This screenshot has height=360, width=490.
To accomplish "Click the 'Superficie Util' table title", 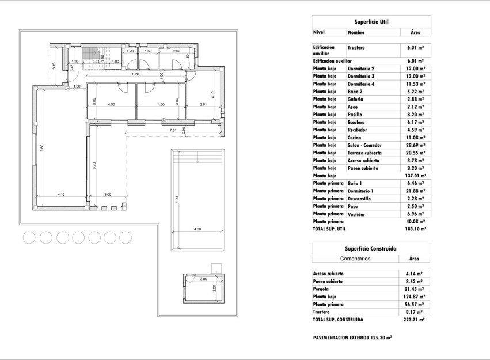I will pyautogui.click(x=371, y=22).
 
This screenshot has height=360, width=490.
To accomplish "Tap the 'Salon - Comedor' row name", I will pyautogui.click(x=364, y=145).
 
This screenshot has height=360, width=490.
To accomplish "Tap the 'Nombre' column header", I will pyautogui.click(x=356, y=33).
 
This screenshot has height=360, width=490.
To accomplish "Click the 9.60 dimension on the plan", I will pyautogui.click(x=42, y=148).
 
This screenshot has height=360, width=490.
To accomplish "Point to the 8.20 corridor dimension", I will pyautogui.click(x=135, y=74).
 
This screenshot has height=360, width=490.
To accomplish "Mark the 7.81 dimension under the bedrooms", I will pyautogui.click(x=173, y=131).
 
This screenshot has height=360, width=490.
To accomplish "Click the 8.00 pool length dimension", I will pyautogui.click(x=177, y=200).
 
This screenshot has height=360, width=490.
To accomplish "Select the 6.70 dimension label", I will pyautogui.click(x=93, y=165).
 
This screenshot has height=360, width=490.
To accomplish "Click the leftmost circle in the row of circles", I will pyautogui.click(x=29, y=237).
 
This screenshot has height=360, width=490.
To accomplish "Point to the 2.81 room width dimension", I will pyautogui.click(x=203, y=105).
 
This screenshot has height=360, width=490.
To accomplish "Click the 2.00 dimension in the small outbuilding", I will pyautogui.click(x=214, y=288).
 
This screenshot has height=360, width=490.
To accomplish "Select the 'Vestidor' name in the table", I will pyautogui.click(x=356, y=214).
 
